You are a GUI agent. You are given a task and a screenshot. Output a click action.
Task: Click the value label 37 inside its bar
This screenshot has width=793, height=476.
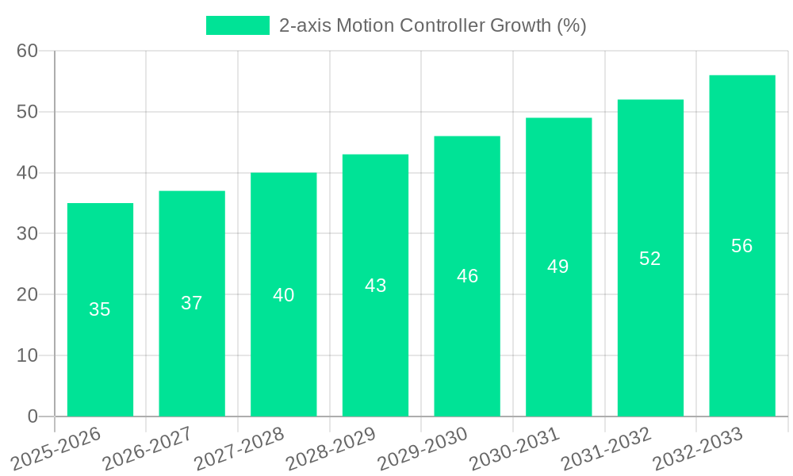pyautogui.click(x=192, y=303)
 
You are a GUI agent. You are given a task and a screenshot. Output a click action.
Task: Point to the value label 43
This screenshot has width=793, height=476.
pyautogui.click(x=376, y=286)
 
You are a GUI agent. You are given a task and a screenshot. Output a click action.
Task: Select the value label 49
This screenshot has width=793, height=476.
pyautogui.click(x=558, y=267)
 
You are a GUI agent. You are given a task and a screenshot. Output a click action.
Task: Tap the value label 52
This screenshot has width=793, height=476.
pyautogui.click(x=650, y=259)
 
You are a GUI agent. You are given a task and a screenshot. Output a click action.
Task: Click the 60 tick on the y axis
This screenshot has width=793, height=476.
pyautogui.click(x=28, y=51)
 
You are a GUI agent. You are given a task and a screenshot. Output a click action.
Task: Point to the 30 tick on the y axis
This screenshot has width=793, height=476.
pyautogui.click(x=28, y=233)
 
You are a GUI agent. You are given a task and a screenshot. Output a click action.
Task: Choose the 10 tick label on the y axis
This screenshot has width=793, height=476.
pyautogui.click(x=28, y=355)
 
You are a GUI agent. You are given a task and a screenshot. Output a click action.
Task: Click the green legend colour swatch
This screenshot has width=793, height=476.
pyautogui.click(x=237, y=25)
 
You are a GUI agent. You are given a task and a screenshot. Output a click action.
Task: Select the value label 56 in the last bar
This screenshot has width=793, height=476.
pyautogui.click(x=742, y=246)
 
